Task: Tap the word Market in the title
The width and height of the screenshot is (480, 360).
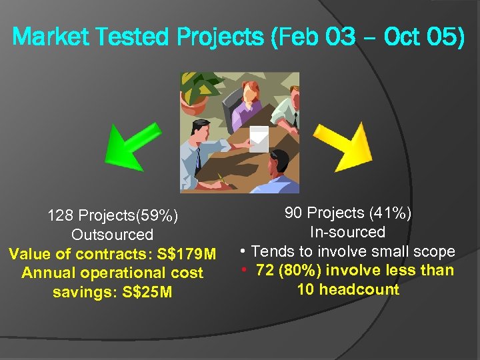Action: pyautogui.click(x=48, y=36)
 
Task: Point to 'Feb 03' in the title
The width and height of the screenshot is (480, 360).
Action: pyautogui.click(x=315, y=36)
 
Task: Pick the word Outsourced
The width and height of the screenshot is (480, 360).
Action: pyautogui.click(x=112, y=235)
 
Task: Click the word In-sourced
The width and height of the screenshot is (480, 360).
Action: pyautogui.click(x=347, y=232)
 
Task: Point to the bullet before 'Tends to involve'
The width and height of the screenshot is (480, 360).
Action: pyautogui.click(x=244, y=251)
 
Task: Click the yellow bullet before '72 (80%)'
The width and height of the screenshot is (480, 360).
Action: pyautogui.click(x=244, y=270)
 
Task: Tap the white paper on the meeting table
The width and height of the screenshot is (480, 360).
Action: pyautogui.click(x=259, y=138)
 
